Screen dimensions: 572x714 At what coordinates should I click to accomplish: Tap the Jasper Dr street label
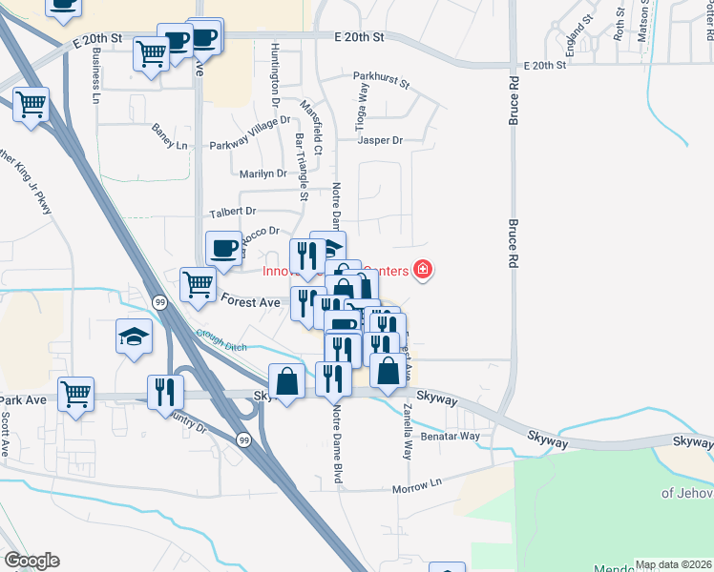[380, 140]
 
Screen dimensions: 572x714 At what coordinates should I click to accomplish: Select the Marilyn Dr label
[262, 174]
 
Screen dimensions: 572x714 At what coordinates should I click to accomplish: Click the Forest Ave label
[250, 301]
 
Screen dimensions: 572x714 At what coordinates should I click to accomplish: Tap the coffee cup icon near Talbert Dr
[224, 248]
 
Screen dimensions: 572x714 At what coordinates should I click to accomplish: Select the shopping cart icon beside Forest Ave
[198, 282]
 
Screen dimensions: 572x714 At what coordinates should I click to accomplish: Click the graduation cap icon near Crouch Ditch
[134, 335]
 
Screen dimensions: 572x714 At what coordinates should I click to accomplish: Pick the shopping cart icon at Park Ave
[75, 392]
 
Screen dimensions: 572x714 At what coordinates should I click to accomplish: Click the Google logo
[31, 561]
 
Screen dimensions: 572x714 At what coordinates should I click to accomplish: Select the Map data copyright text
[673, 564]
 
